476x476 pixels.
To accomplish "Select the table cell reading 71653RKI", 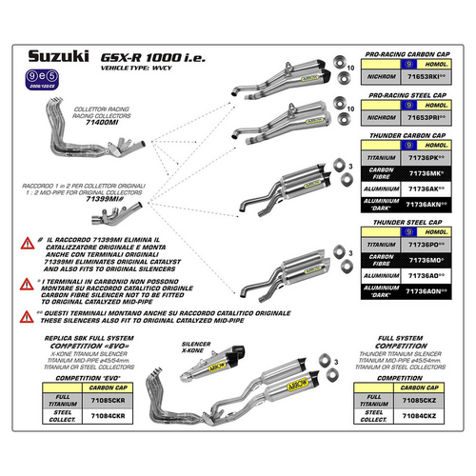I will pyautogui.click(x=425, y=83).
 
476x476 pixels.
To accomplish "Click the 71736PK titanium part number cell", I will pyautogui.click(x=425, y=156).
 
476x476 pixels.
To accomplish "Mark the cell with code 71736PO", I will pyautogui.click(x=425, y=245).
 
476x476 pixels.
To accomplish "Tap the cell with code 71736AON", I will pyautogui.click(x=425, y=292).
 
